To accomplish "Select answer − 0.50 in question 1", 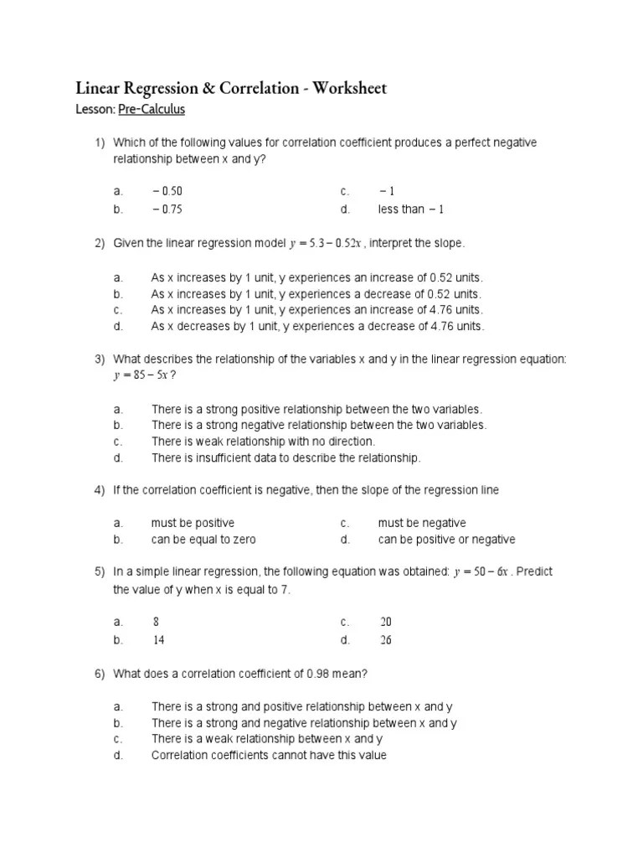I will (167, 192).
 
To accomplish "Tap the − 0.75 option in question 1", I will (167, 209).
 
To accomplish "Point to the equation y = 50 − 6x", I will (481, 572).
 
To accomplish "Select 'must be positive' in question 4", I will (193, 523).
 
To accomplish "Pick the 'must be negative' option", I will (422, 523).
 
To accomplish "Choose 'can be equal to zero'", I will (203, 540).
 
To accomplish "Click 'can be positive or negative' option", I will (446, 540).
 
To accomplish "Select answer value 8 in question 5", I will (156, 622).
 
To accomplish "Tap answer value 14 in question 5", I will (158, 639).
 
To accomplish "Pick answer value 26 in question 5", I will (385, 639).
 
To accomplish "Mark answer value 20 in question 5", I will (385, 622).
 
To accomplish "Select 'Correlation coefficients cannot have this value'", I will (269, 755).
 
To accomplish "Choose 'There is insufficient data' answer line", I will (285, 457).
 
